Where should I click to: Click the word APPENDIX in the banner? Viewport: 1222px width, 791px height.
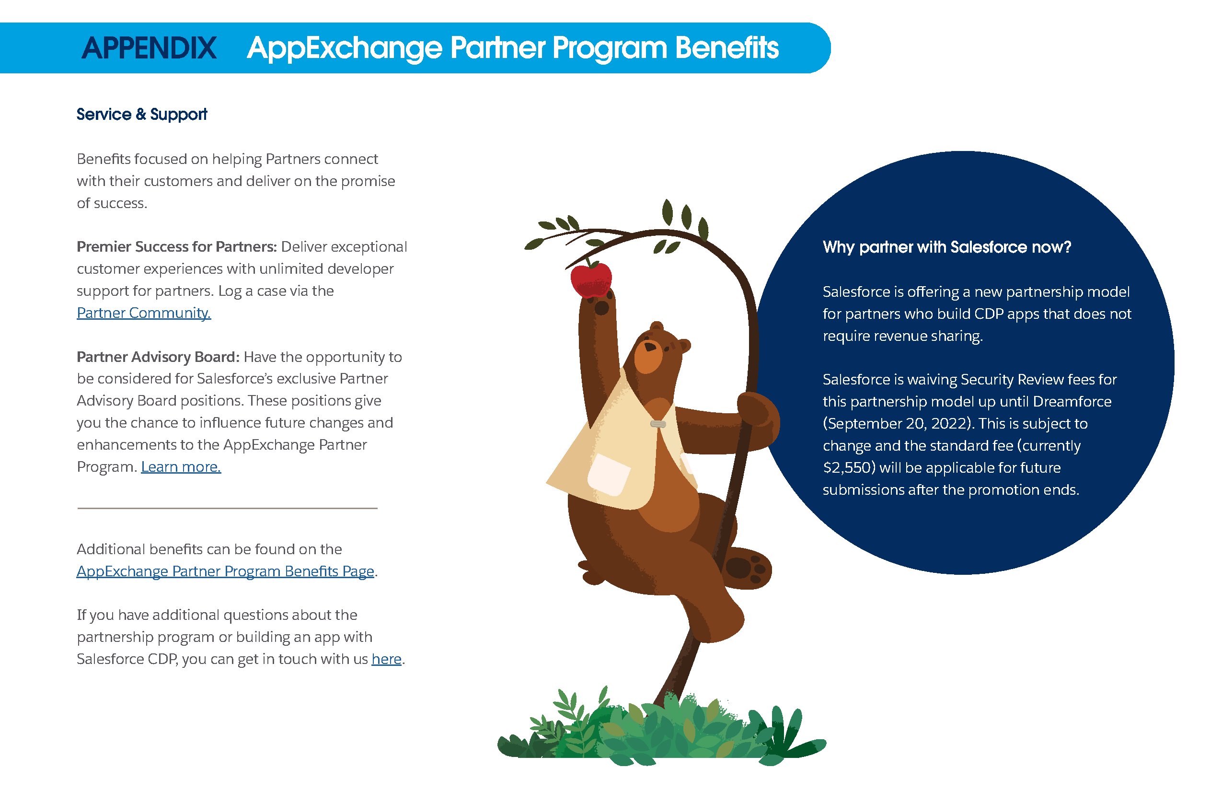pos(149,48)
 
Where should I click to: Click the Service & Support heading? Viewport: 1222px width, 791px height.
pos(142,114)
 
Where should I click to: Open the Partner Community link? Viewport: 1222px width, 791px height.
pos(144,313)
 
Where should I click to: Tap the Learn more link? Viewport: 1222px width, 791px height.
pos(181,466)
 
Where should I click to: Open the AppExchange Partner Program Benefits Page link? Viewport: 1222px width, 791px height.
pos(225,571)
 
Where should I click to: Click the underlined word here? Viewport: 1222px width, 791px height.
pos(386,659)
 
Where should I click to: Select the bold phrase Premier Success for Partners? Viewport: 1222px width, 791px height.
pos(177,247)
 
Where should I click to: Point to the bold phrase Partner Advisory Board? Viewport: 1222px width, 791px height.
pos(158,357)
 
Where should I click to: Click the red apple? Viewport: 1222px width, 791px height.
pos(591,279)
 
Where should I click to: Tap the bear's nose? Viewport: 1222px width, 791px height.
pos(650,347)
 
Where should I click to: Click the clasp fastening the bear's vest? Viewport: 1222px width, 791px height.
pos(658,424)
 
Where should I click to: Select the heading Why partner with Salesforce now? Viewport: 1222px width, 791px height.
pos(947,247)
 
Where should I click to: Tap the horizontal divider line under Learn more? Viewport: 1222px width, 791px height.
pos(228,508)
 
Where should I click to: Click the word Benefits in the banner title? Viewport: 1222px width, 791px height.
pos(726,48)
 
